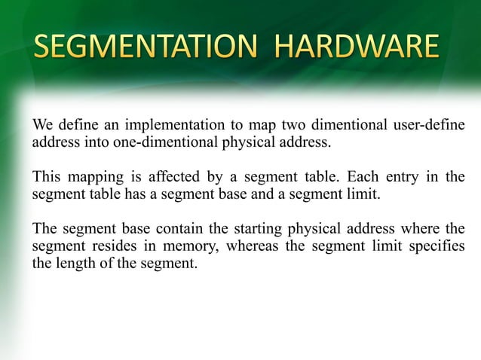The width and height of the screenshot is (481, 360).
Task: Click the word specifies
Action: pyautogui.click(x=435, y=248)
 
